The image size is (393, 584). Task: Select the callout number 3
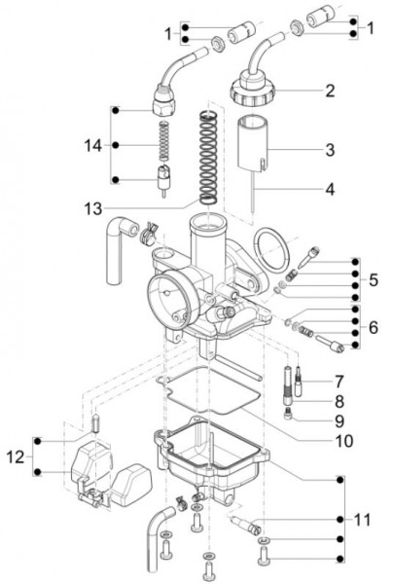[x=330, y=151]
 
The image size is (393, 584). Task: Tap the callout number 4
[x=330, y=188]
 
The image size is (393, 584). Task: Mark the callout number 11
[x=363, y=520]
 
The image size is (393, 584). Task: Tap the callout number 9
[x=339, y=420]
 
